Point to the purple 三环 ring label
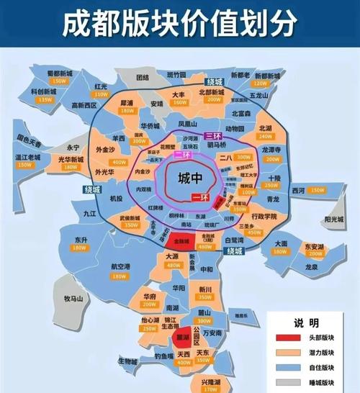pos(212,135)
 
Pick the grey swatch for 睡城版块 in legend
pos(283,381)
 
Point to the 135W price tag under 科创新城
pos(45,99)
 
